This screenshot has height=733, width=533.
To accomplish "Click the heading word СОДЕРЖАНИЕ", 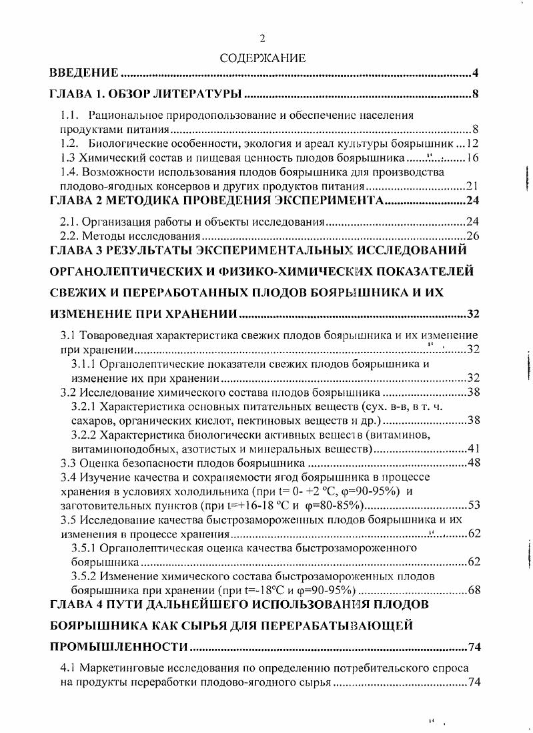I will tap(262, 58).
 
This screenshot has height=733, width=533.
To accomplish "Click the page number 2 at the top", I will tap(262, 39).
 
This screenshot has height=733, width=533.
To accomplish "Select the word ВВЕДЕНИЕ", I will tap(85, 73).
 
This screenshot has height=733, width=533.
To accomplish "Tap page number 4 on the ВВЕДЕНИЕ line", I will tap(476, 73).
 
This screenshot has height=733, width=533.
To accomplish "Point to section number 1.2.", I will tap(69, 144).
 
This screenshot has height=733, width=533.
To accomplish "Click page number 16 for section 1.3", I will tap(473, 158).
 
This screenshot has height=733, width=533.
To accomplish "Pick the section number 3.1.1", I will tap(85, 364).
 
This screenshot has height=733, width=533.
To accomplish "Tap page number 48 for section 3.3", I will tap(473, 463).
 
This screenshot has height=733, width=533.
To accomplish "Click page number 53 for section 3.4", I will tap(473, 505).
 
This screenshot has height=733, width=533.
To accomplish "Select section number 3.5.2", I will tap(85, 575).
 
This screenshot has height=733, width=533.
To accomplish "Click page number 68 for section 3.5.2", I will tap(473, 590).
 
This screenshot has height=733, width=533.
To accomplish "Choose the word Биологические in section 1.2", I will tap(124, 144).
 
